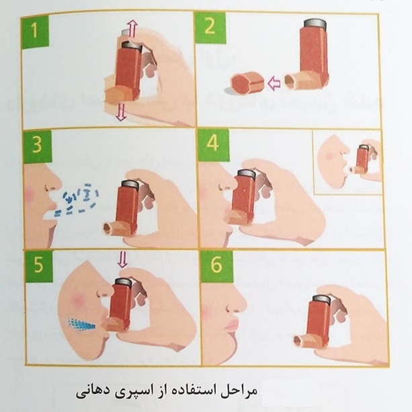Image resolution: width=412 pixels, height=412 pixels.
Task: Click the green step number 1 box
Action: click(x=36, y=31)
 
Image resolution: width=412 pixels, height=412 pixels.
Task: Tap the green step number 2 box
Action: click(x=210, y=27)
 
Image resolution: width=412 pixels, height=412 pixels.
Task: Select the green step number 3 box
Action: click(x=38, y=145)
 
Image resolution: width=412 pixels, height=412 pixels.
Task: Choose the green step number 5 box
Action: click(x=38, y=265)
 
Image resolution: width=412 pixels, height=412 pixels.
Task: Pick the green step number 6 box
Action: click(x=216, y=265)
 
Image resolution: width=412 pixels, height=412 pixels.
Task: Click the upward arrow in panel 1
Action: click(x=132, y=30)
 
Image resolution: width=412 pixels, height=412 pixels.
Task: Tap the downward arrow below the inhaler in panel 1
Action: click(x=121, y=112)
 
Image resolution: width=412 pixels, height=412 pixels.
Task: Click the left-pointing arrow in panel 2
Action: click(x=274, y=83)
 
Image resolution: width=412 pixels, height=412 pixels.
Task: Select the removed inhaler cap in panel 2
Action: click(x=247, y=82)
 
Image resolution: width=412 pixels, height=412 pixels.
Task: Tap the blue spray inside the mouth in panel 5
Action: click(x=81, y=324)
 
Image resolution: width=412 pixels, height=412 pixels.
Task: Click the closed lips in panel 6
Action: click(x=231, y=326)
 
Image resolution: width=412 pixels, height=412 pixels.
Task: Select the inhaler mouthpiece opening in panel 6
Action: click(x=298, y=341)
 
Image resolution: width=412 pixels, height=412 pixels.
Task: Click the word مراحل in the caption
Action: click(x=239, y=392)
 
